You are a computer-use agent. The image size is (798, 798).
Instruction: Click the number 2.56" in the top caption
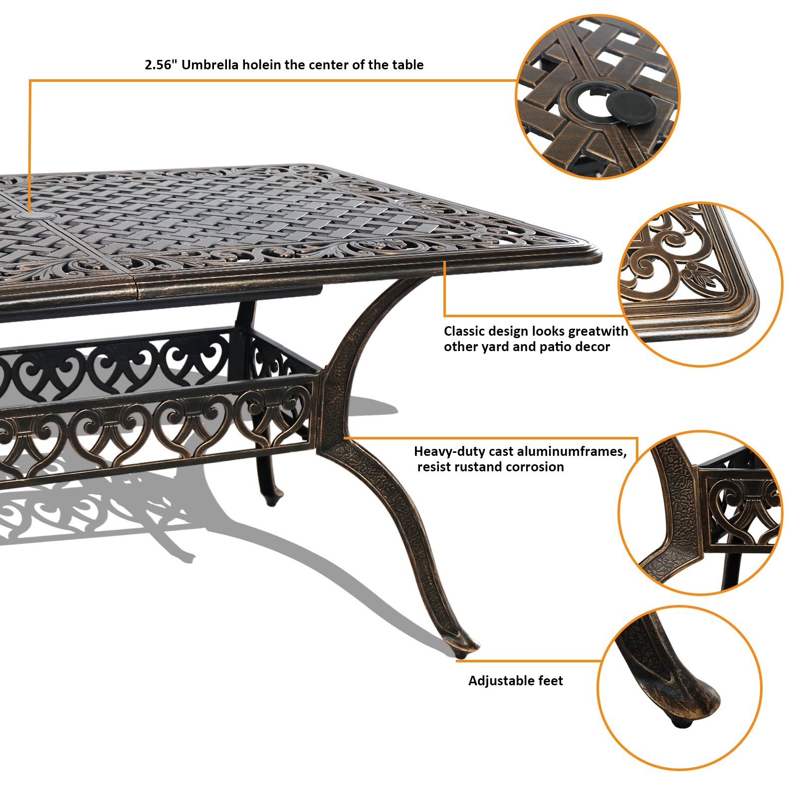(x=161, y=65)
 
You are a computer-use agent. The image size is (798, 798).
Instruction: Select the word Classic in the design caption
(x=464, y=331)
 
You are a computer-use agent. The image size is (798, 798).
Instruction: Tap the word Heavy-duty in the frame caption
(x=449, y=451)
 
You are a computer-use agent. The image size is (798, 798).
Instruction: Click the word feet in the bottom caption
(x=550, y=681)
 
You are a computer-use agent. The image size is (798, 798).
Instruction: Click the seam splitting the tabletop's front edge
(x=136, y=292)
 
